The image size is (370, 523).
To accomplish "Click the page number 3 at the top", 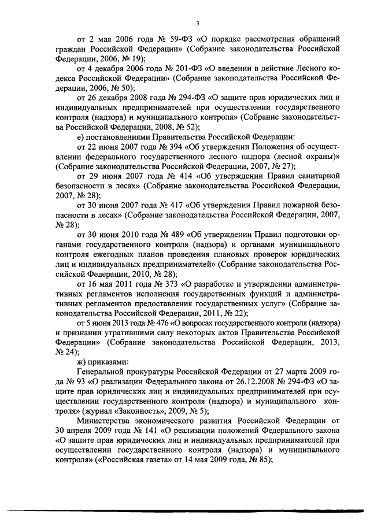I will point(197,23).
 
